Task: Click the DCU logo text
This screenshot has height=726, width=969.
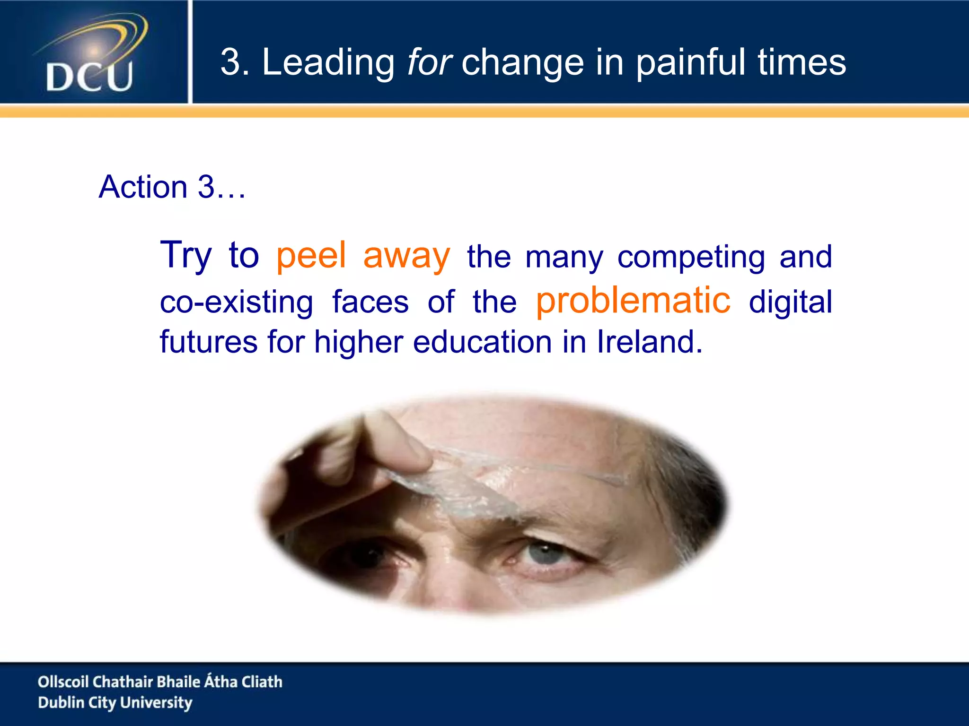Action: tap(89, 77)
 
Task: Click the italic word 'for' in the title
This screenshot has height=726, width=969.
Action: tap(430, 62)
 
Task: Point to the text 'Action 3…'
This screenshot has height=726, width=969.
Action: tap(172, 187)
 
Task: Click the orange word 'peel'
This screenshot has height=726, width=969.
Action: tap(311, 256)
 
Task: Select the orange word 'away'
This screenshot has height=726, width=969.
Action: tap(406, 256)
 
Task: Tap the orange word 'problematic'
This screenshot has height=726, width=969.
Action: tap(633, 301)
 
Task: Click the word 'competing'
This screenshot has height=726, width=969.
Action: tap(691, 258)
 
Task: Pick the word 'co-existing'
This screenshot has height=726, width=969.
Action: tap(237, 302)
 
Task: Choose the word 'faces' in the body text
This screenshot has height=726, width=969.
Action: tap(370, 302)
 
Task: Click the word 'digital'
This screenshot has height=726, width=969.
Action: tap(790, 302)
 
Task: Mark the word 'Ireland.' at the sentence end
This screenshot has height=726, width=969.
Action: tap(650, 342)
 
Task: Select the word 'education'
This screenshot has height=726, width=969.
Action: tap(482, 342)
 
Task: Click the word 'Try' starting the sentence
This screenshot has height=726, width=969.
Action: tap(186, 256)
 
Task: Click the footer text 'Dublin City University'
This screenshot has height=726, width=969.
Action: tap(115, 703)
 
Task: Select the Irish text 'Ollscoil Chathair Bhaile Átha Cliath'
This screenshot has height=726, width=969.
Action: tap(160, 682)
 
